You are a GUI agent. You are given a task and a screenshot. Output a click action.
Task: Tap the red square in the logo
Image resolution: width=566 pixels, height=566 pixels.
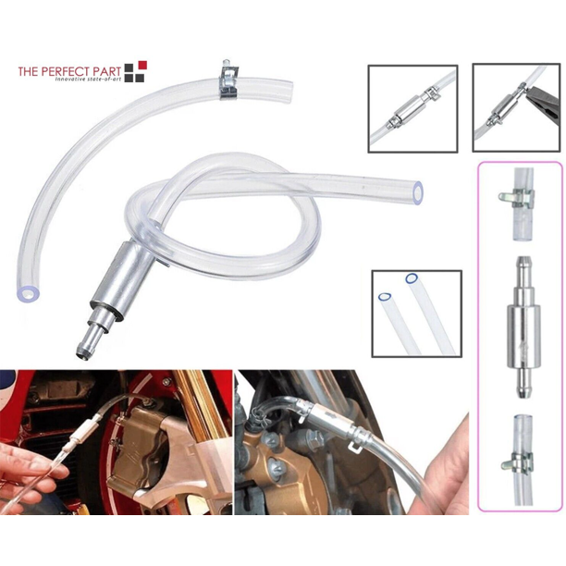143,65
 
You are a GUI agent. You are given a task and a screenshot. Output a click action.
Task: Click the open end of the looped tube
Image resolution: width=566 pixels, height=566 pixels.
418,193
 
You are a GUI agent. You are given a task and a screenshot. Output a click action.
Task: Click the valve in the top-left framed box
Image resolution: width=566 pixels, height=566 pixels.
411,108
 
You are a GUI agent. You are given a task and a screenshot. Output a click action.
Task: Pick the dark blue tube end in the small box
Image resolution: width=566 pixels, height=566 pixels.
412,278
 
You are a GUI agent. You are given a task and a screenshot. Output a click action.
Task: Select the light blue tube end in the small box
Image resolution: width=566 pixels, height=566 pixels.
385,297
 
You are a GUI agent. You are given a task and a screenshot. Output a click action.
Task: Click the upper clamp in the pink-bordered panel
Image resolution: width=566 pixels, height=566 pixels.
517,197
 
